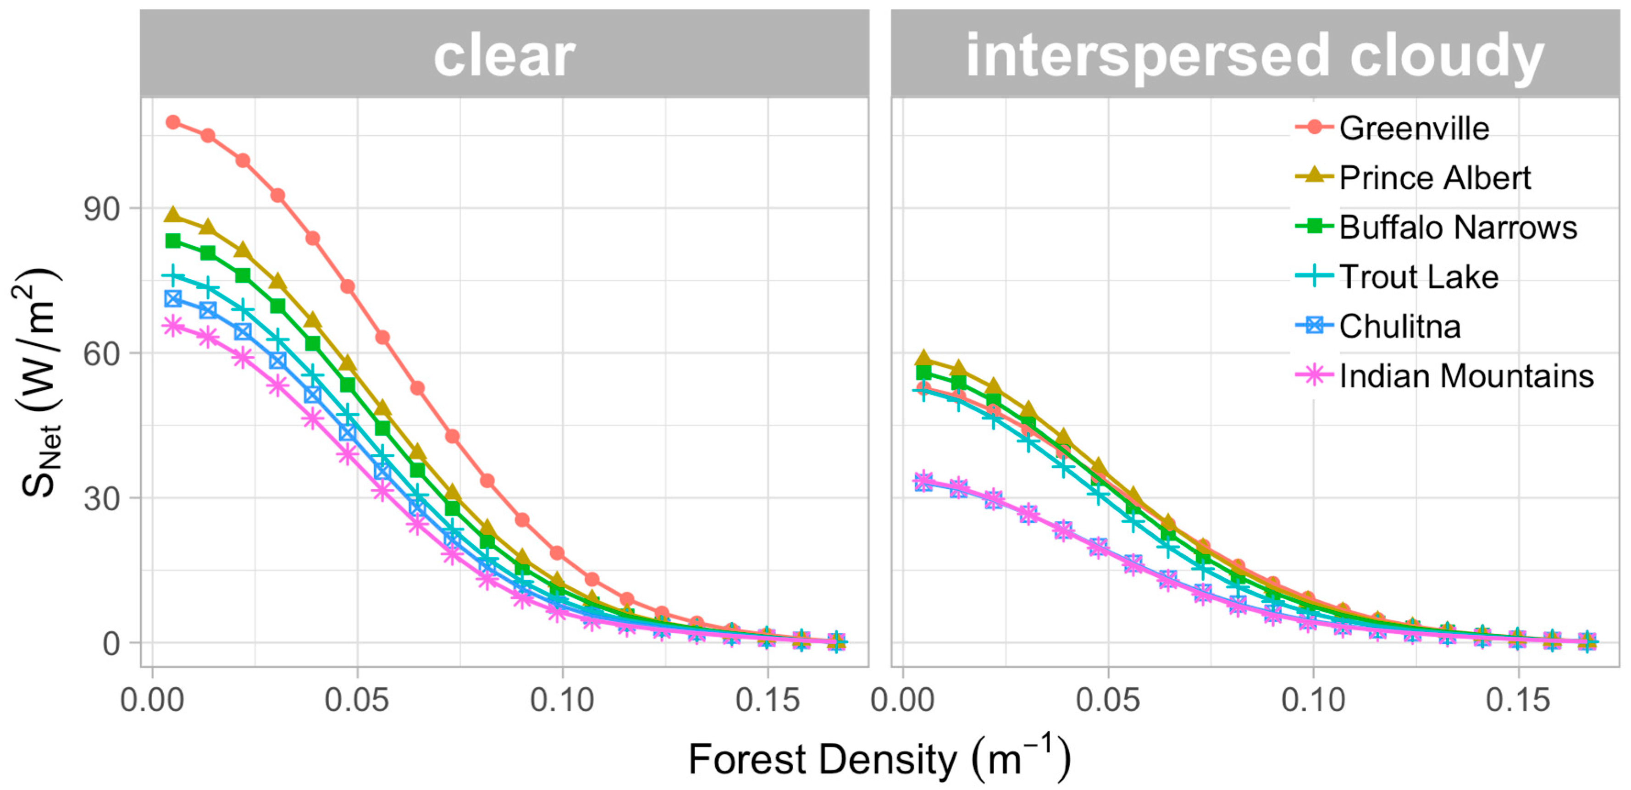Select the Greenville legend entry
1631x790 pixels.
click(1413, 128)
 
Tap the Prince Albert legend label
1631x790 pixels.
click(1434, 177)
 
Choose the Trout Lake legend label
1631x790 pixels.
click(1418, 276)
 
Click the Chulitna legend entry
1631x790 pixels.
click(1399, 326)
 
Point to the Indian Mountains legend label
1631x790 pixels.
click(1466, 376)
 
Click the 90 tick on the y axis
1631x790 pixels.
click(101, 209)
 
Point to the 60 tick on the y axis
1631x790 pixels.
click(101, 353)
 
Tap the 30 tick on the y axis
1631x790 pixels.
click(101, 499)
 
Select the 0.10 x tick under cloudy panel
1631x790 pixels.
click(1313, 700)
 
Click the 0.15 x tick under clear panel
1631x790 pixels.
click(768, 700)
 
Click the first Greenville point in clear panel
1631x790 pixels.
click(173, 122)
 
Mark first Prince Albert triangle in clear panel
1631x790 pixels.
click(173, 215)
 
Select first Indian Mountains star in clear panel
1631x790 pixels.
click(173, 326)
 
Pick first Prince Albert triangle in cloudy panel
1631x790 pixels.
click(924, 358)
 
